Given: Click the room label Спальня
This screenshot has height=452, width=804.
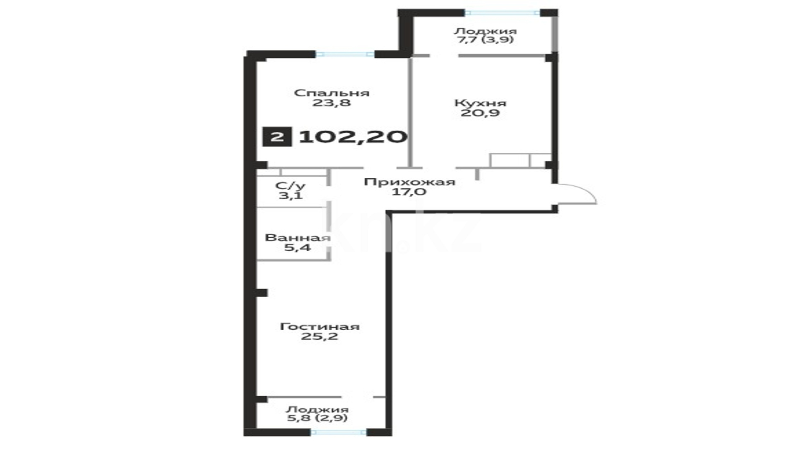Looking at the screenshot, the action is tap(332, 93).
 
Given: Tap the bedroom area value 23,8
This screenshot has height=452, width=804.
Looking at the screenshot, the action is tap(331, 103).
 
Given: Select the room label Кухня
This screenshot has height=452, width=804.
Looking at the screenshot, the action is tap(480, 103).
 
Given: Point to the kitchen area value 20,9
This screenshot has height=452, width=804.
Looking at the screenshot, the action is tap(480, 113).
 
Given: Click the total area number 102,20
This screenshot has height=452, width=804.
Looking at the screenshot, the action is tap(353, 137).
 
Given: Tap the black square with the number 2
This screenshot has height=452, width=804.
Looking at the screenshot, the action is tap(277, 137).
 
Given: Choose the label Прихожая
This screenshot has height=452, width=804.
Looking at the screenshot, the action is tap(409, 182).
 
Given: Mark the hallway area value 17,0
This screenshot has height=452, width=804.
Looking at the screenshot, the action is tap(409, 192).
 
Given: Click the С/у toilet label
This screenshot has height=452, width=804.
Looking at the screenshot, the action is tap(290, 186).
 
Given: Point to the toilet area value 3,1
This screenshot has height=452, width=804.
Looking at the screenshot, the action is tap(290, 195).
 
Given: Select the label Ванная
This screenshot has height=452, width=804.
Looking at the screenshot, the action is tap(298, 238).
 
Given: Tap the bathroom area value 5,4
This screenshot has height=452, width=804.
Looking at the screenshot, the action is tap(298, 247).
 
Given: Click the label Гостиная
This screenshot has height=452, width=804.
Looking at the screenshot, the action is tap(320, 326).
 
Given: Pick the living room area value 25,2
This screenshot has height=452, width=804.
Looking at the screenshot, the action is tap(320, 336).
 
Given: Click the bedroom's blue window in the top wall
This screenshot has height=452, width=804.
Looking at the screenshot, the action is tap(345, 54).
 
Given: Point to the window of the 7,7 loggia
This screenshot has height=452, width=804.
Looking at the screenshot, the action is tap(502, 13).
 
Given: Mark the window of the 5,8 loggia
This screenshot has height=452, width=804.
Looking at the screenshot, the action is tap(339, 432).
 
